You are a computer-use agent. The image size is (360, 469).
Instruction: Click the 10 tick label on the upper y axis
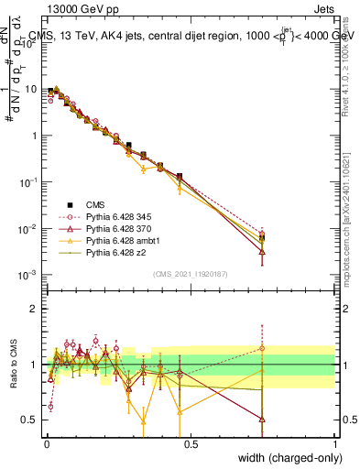30,90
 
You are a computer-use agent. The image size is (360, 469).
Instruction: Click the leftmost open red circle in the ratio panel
49,406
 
